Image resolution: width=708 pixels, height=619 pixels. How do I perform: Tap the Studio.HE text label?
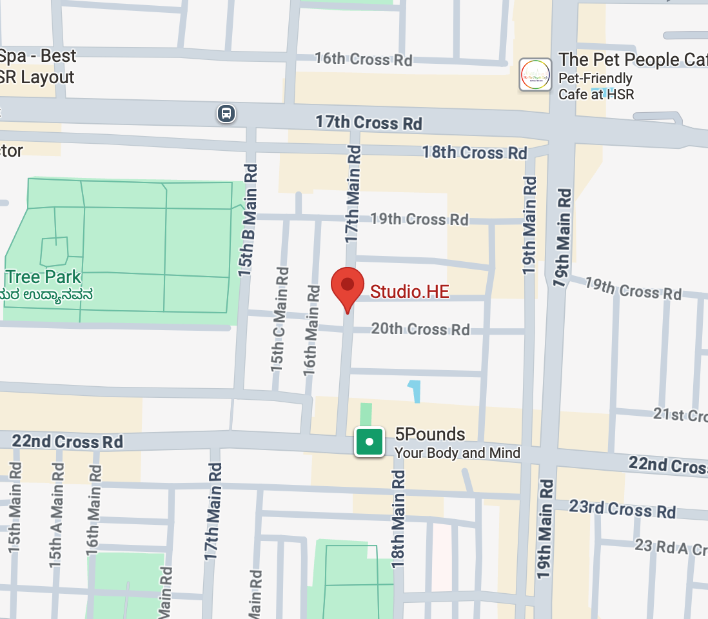point(409,291)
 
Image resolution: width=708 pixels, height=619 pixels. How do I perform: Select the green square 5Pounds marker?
point(369,442)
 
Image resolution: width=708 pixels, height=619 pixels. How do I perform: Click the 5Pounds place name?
point(430,434)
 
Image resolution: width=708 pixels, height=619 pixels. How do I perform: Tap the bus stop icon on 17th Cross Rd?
point(226,113)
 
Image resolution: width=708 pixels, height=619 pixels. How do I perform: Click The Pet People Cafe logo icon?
point(535,74)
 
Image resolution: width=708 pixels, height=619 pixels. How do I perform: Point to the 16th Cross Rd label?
point(363,59)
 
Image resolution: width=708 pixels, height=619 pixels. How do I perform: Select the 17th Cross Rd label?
point(368,122)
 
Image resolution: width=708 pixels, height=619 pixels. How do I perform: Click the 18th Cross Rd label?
point(475,153)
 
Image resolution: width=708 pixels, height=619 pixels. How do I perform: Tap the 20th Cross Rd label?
point(420,329)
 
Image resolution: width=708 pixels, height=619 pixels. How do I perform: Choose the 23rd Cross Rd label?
point(622,509)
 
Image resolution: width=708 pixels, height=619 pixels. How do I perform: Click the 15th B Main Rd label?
point(248,219)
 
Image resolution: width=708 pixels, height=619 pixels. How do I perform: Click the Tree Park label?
point(43,277)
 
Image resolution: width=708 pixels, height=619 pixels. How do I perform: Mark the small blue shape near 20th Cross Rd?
point(414,391)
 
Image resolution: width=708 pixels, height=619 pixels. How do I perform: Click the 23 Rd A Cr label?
point(671,547)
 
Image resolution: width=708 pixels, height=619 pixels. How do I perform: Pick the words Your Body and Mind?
point(457,453)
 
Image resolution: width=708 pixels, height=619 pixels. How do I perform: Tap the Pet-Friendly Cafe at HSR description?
point(596,86)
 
